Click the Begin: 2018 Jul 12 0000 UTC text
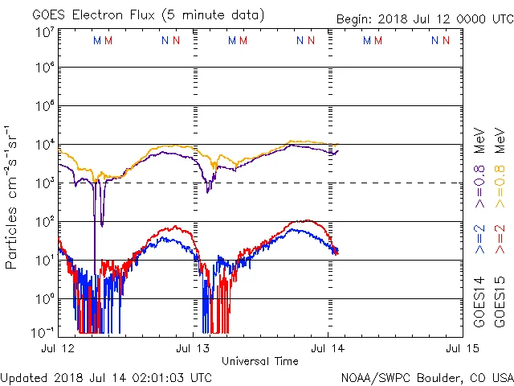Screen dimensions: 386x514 pyautogui.click(x=422, y=19)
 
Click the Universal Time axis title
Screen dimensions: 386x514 pyautogui.click(x=259, y=361)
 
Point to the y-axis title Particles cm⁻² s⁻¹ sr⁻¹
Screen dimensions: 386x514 pyautogui.click(x=13, y=196)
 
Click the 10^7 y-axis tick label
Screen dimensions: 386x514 pyautogui.click(x=44, y=31)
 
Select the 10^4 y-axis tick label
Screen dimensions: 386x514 pyautogui.click(x=44, y=145)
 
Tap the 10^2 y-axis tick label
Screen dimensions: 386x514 pyautogui.click(x=44, y=221)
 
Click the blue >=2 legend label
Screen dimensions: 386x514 pyautogui.click(x=479, y=240)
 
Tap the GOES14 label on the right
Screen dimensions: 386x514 pyautogui.click(x=479, y=304)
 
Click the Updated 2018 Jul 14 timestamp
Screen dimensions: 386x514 pyautogui.click(x=107, y=377)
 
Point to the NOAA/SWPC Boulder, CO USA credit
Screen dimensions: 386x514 pyautogui.click(x=426, y=377)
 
